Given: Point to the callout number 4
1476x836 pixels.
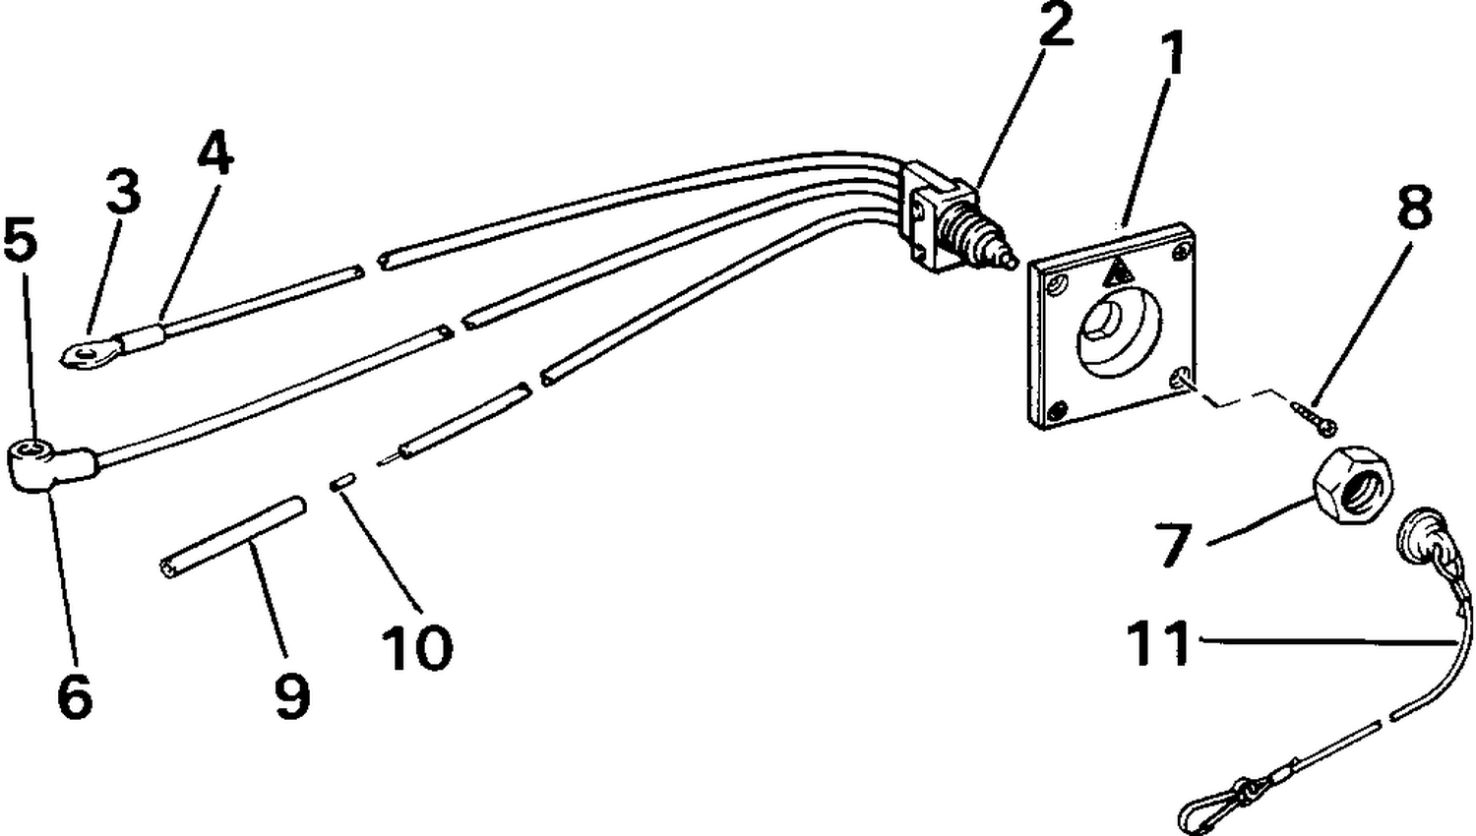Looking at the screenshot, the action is (215, 151).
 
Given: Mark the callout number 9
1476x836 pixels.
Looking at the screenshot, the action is (292, 695).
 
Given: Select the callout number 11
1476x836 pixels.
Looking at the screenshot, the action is (1159, 641).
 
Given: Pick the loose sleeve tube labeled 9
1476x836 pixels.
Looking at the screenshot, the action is (233, 537).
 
